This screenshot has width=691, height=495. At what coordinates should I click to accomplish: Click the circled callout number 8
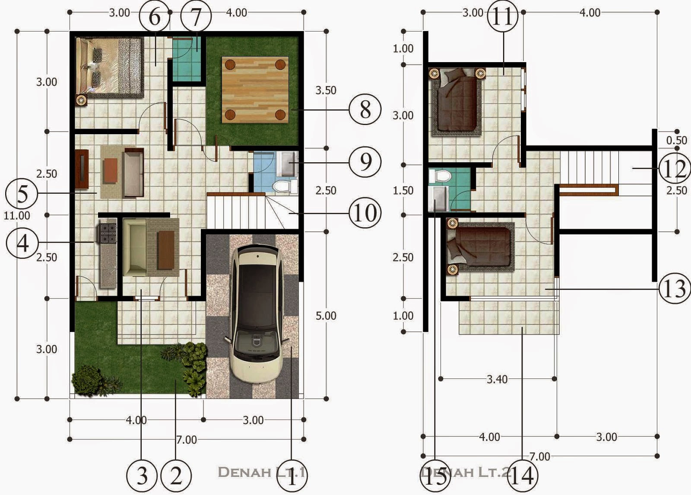pos(365,110)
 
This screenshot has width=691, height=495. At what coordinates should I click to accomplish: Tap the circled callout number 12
pos(675,169)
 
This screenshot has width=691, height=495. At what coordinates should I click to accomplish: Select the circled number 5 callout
pos(22,194)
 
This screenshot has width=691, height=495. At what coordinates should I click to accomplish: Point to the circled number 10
pos(365,213)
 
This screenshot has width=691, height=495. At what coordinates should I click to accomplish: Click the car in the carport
pos(257,313)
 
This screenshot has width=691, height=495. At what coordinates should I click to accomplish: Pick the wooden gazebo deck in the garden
pos(255,90)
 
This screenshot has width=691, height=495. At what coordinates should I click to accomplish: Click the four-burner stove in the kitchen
pos(108,233)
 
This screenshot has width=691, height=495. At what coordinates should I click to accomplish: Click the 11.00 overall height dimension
pos(17,215)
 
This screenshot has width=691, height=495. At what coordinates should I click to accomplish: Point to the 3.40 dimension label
pos(497,379)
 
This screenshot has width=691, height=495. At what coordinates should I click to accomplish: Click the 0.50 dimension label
pos(676,140)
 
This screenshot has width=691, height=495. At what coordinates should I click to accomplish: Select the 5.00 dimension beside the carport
pos(326,315)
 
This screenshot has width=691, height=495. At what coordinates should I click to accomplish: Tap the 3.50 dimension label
pos(326,90)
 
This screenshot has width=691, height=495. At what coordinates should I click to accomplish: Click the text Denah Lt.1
pos(262,472)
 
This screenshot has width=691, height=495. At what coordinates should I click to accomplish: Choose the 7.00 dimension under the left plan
pos(186,440)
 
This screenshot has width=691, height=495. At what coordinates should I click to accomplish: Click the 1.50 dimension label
pos(403,190)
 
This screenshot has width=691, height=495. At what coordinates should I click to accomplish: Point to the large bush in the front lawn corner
pos(87,380)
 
